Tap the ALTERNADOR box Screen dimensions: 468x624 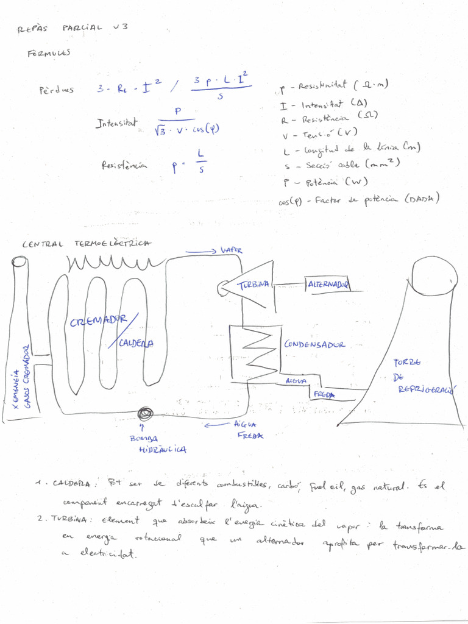327,285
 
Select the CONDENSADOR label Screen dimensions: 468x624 314,344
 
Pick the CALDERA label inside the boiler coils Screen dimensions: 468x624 136,343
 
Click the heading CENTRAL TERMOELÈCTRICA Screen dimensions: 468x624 87,244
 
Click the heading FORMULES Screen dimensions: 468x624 49,53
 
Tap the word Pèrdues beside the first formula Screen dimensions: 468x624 57,90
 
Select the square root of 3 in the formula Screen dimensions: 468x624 160,129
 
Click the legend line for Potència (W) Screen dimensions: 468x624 325,182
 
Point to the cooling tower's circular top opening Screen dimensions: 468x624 434,276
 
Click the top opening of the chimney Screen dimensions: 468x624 19,262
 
